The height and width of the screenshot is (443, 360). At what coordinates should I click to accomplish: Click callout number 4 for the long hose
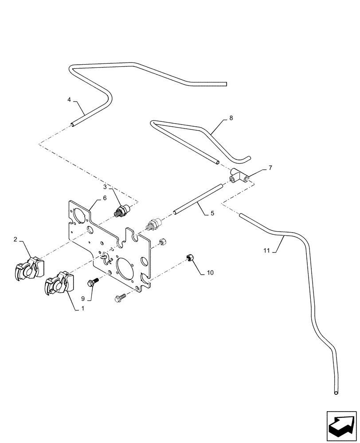click(x=70, y=100)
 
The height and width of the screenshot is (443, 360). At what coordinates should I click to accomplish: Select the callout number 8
click(x=231, y=118)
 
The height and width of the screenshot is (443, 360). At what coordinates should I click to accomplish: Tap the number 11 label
click(x=266, y=251)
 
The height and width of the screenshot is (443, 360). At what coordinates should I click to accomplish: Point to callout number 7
click(x=270, y=168)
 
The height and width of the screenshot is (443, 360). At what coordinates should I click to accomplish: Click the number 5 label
click(x=212, y=213)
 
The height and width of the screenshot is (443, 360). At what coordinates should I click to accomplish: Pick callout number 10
click(x=210, y=272)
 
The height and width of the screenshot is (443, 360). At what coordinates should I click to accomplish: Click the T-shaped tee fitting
click(x=238, y=178)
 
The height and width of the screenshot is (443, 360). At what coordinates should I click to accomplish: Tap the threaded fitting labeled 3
click(x=121, y=210)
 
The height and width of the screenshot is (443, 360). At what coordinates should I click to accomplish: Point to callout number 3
click(x=105, y=186)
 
